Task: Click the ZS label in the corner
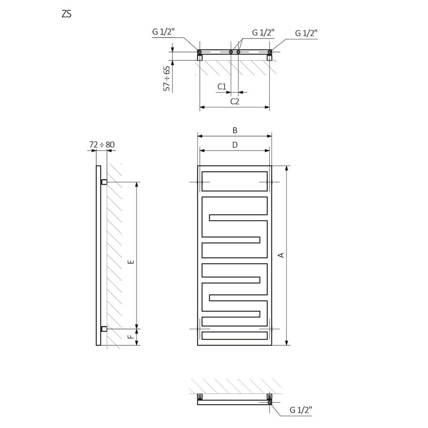(x=67, y=14)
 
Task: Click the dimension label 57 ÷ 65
(x=166, y=79)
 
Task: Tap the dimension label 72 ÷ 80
(x=102, y=144)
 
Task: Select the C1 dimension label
(x=222, y=86)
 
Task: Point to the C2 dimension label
(x=235, y=101)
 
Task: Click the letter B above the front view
(x=235, y=131)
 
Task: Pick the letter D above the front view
(x=235, y=145)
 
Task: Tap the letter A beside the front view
(x=281, y=255)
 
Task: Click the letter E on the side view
(x=131, y=262)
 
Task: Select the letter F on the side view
(x=131, y=337)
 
